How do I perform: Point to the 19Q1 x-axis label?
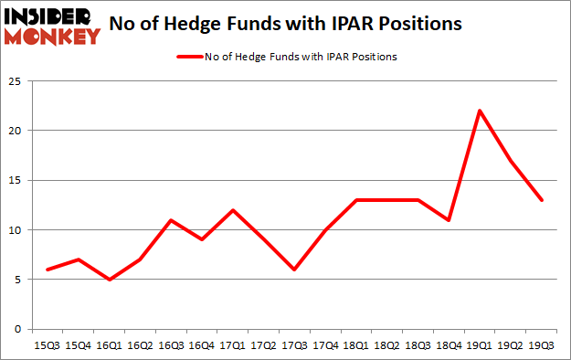coord(480,344)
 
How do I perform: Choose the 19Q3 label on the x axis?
coord(543,344)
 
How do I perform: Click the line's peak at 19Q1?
coord(480,111)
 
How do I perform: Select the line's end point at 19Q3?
coord(543,200)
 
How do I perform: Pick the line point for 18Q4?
coord(448,220)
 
